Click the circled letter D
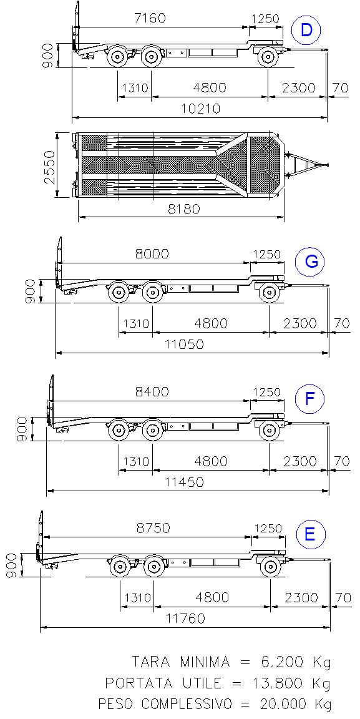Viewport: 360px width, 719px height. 306,30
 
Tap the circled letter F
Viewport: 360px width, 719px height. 310,398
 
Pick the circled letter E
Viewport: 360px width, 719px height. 310,535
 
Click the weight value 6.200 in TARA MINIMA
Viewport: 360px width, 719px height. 280,662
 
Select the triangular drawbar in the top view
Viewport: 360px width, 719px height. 306,164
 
